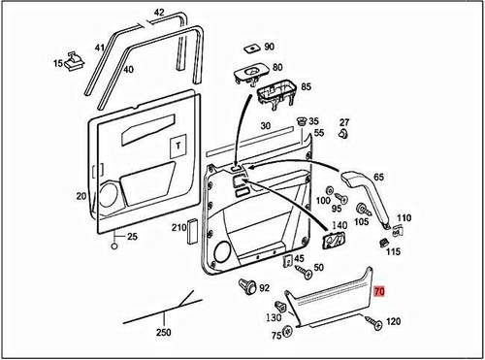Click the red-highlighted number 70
click(379, 290)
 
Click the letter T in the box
click(178, 146)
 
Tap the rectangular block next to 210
click(192, 233)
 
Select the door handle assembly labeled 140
click(336, 244)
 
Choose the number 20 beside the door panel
click(81, 196)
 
